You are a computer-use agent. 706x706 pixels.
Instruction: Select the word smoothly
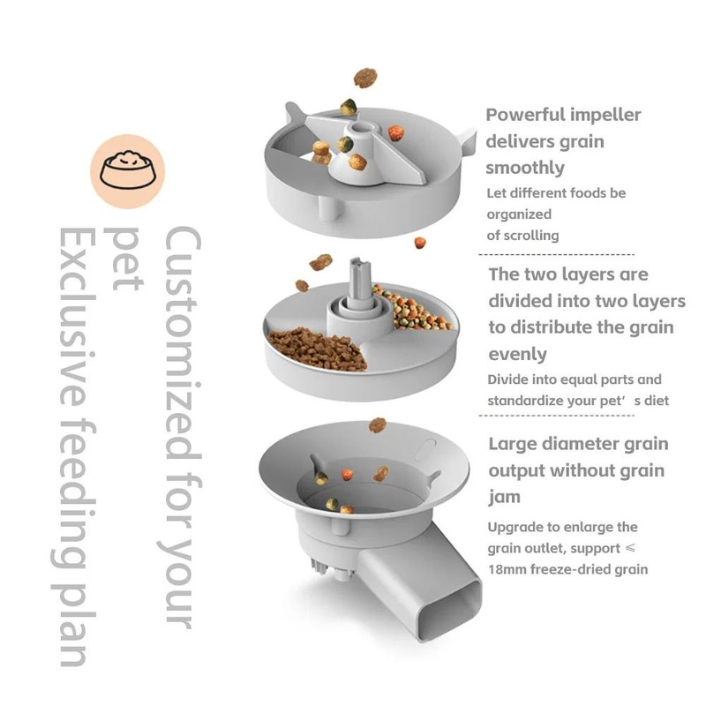click(x=526, y=168)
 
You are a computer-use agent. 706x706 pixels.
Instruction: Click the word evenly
click(x=518, y=354)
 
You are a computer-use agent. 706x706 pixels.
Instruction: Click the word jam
click(x=505, y=497)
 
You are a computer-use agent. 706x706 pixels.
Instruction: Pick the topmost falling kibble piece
click(x=364, y=79)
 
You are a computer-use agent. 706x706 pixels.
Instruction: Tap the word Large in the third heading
click(x=516, y=443)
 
